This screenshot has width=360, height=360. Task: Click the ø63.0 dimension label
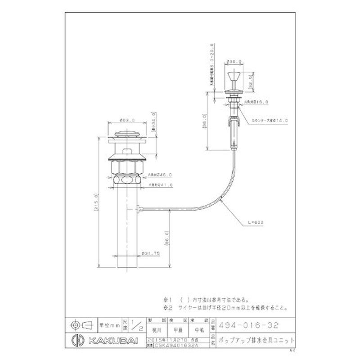click(x=127, y=120)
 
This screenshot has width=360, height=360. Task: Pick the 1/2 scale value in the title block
click(x=138, y=325)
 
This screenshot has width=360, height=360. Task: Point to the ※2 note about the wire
click(x=225, y=308)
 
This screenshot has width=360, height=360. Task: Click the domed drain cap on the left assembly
click(x=128, y=134)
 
